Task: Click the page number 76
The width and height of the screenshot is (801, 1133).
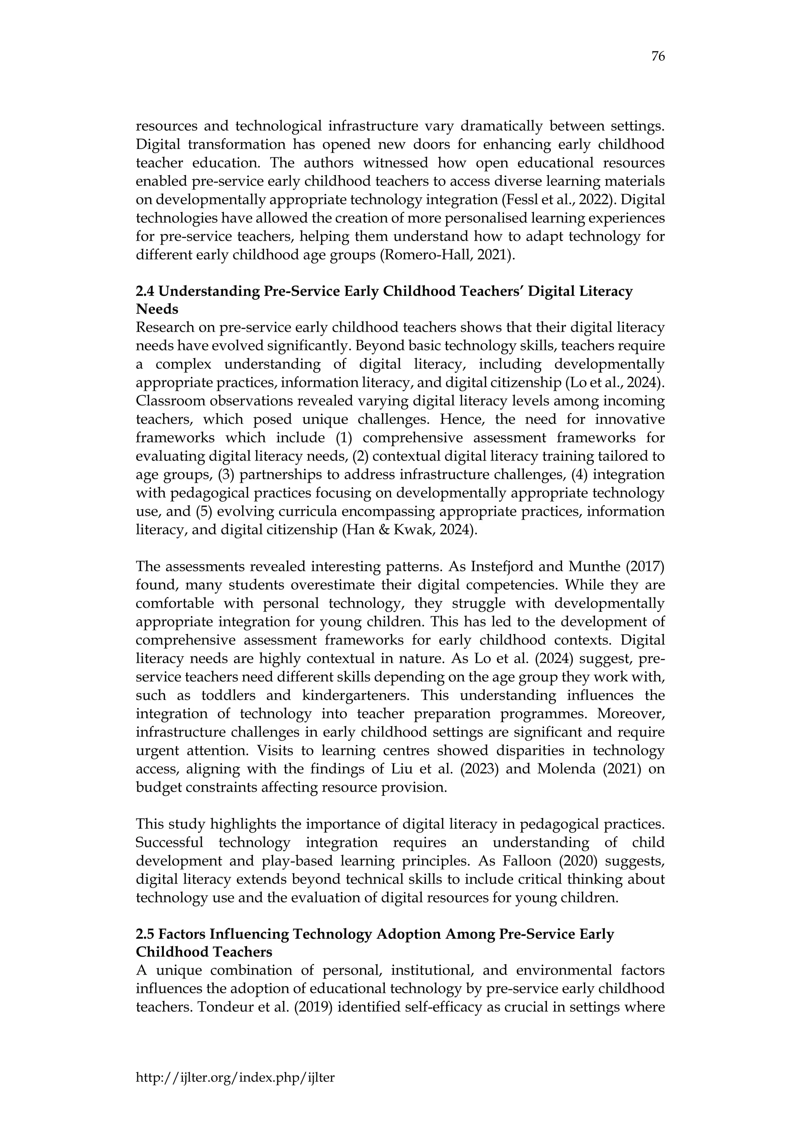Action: (x=658, y=57)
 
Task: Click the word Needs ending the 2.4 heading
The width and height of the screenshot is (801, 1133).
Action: (x=157, y=309)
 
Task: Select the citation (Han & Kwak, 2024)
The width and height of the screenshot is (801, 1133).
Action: (x=410, y=530)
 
